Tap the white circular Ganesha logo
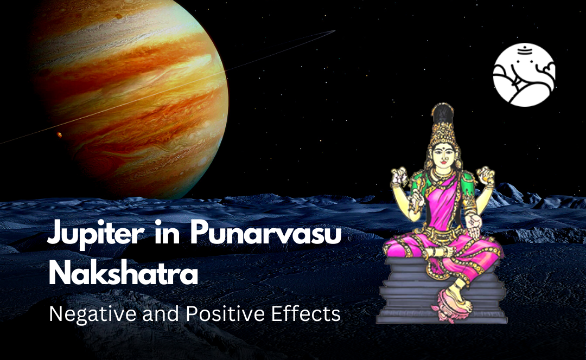point(524,74)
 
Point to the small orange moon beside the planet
point(59,134)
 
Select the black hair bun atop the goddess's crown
point(444,112)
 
